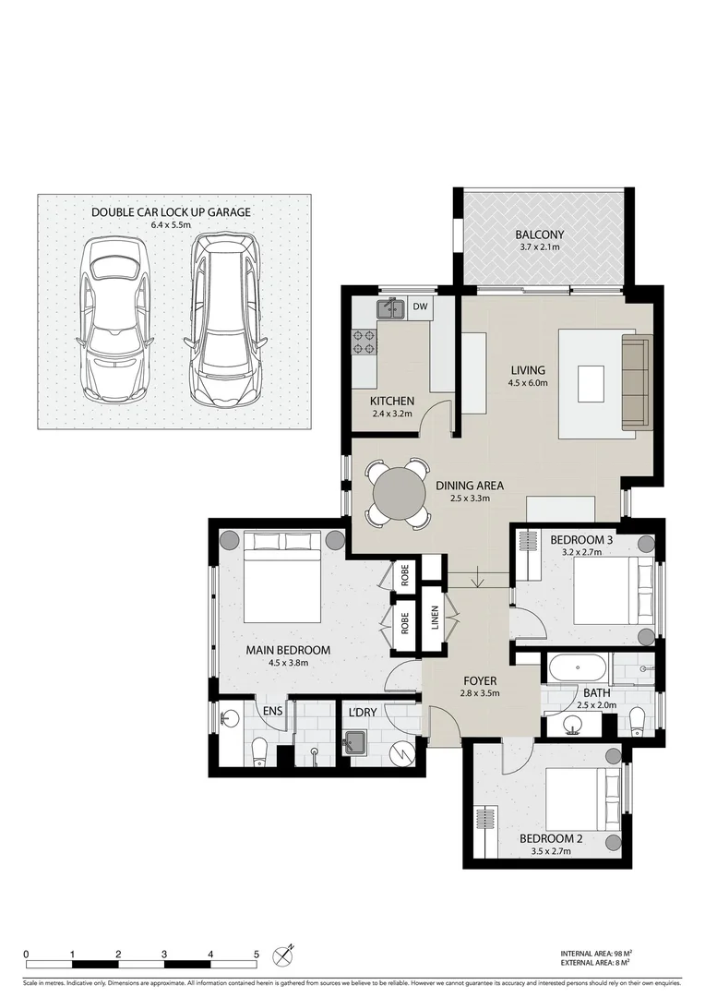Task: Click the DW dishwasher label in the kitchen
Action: pyautogui.click(x=420, y=306)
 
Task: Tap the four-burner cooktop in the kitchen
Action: pyautogui.click(x=364, y=342)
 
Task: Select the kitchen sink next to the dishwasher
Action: pyautogui.click(x=391, y=307)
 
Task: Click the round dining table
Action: pyautogui.click(x=396, y=494)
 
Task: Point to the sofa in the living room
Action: pyautogui.click(x=637, y=383)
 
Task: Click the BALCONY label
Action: pyautogui.click(x=540, y=234)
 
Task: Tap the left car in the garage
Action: pyautogui.click(x=114, y=318)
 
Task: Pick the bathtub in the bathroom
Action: pyautogui.click(x=577, y=667)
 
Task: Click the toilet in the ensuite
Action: pyautogui.click(x=259, y=751)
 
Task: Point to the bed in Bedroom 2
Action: pyautogui.click(x=580, y=799)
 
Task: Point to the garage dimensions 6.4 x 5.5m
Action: pyautogui.click(x=171, y=224)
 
